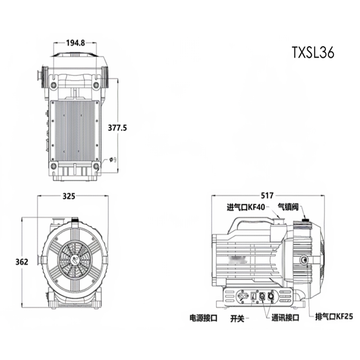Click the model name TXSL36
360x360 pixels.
pos(313,52)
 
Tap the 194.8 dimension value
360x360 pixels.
pos(75,43)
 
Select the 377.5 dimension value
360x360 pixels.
pos(117,128)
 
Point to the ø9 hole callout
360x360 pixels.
pos(113,159)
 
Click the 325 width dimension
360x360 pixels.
pos(69,196)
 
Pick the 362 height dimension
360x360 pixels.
pos(22,262)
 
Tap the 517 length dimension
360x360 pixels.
pos(267,195)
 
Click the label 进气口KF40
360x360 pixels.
pos(246,207)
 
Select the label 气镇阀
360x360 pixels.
pos(288,207)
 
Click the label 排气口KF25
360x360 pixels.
pos(334,317)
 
